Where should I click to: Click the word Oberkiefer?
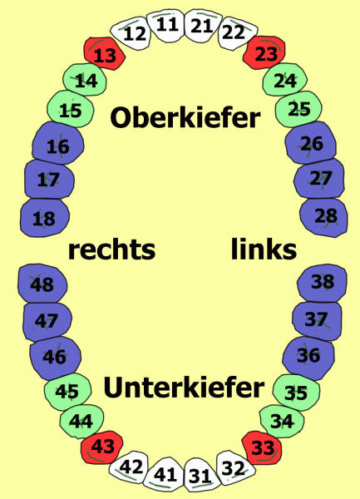185,117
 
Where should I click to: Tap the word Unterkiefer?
184,387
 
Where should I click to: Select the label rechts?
111,249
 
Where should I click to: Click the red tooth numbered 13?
105,53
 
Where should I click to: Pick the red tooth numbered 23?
264,52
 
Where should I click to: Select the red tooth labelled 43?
102,447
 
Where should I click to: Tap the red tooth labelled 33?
262,447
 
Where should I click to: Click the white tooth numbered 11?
167,26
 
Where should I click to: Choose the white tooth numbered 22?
235,33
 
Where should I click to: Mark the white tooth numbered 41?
165,474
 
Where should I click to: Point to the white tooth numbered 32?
234,467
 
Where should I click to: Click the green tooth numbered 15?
71,109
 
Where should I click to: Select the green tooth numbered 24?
284,80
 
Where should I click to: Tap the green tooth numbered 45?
67,392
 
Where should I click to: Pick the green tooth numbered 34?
282,421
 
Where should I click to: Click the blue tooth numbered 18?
45,218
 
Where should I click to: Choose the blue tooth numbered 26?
311,142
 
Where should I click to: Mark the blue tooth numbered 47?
47,321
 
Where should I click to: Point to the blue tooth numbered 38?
322,283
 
